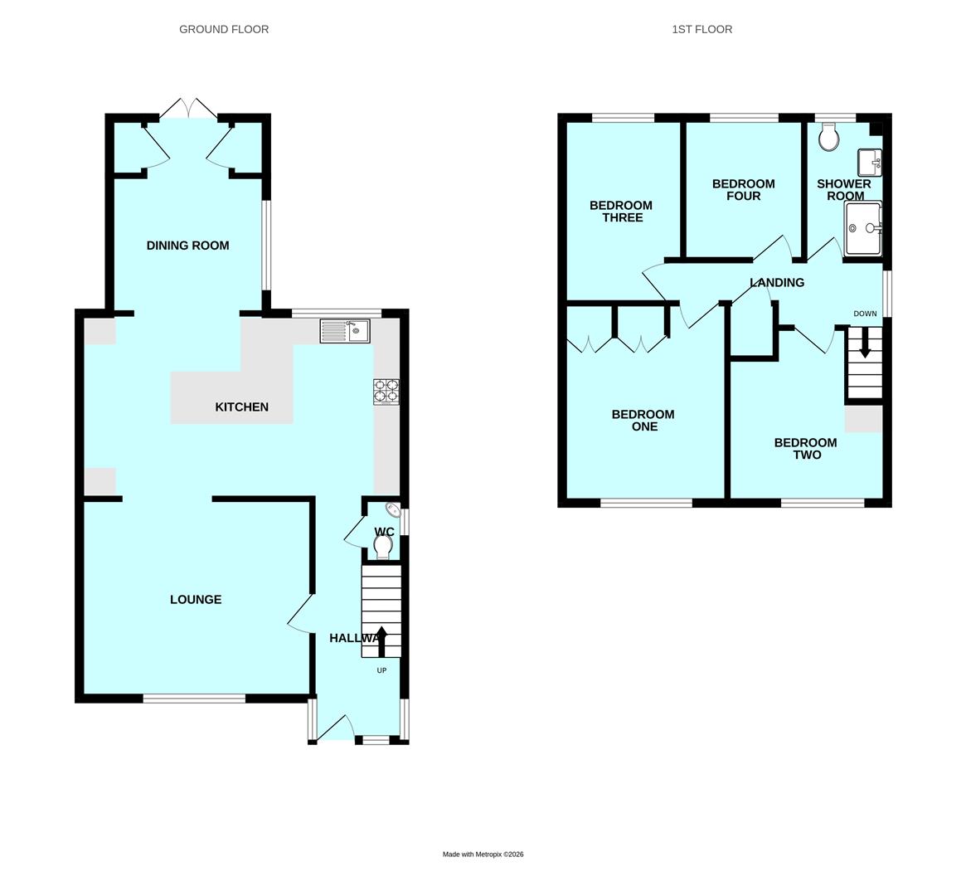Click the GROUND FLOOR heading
[224, 29]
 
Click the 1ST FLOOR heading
[701, 29]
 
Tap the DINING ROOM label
[187, 246]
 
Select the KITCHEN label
[241, 407]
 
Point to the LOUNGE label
[196, 599]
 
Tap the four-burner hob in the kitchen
[386, 391]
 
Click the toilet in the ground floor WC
[383, 546]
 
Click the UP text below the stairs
[381, 670]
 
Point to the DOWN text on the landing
[865, 314]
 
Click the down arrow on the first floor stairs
[865, 343]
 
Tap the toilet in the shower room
[828, 138]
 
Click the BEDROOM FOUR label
[743, 190]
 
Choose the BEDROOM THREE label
[621, 212]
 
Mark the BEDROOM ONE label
[643, 421]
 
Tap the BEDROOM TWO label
[805, 449]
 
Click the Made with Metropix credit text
[483, 854]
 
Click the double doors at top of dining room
[191, 108]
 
